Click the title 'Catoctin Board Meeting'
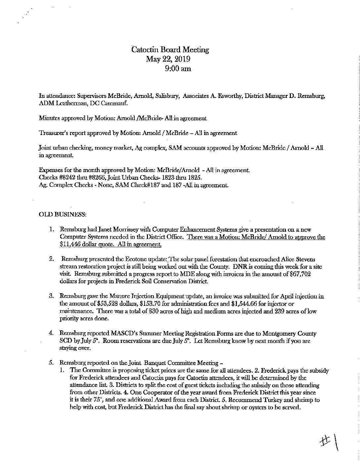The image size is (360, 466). (170, 50)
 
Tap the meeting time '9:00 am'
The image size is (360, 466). (177, 69)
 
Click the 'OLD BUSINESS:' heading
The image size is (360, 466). (63, 214)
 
